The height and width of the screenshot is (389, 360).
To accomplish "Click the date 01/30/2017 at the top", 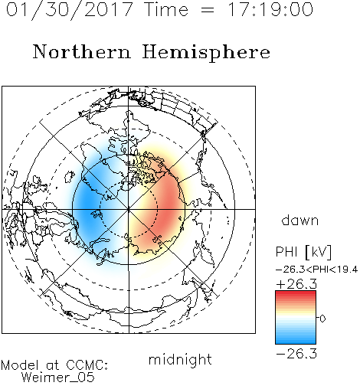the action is tap(70, 10).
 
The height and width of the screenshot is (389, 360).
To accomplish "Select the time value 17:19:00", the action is tap(270, 9).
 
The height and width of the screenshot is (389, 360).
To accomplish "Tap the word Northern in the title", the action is tap(82, 51).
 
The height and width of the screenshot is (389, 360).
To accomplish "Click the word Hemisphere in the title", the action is tap(206, 53).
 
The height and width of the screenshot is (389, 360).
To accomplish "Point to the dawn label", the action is tap(300, 220).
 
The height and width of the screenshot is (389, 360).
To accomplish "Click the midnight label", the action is tap(180, 359).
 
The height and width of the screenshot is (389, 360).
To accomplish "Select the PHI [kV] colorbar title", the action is tap(303, 252).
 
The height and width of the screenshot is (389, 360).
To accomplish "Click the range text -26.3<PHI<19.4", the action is tap(316, 270).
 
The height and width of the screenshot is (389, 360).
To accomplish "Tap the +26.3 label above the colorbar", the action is tap(296, 284).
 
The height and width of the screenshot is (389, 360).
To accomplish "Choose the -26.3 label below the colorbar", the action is tap(296, 354).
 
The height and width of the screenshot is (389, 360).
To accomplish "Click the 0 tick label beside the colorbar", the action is tap(322, 319).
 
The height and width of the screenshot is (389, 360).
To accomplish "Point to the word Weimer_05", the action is tap(58, 378).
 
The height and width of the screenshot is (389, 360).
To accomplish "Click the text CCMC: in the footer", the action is tap(87, 365).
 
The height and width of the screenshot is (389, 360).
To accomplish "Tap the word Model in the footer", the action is tap(20, 365).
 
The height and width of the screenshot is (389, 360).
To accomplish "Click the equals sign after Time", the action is tap(207, 10).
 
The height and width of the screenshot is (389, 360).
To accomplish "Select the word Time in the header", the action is tap(166, 9).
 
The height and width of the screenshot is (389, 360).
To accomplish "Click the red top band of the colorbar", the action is tap(296, 293).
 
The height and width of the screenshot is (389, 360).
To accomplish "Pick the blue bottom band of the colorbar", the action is tap(296, 342).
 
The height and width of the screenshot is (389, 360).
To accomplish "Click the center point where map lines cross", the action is tap(129, 209).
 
